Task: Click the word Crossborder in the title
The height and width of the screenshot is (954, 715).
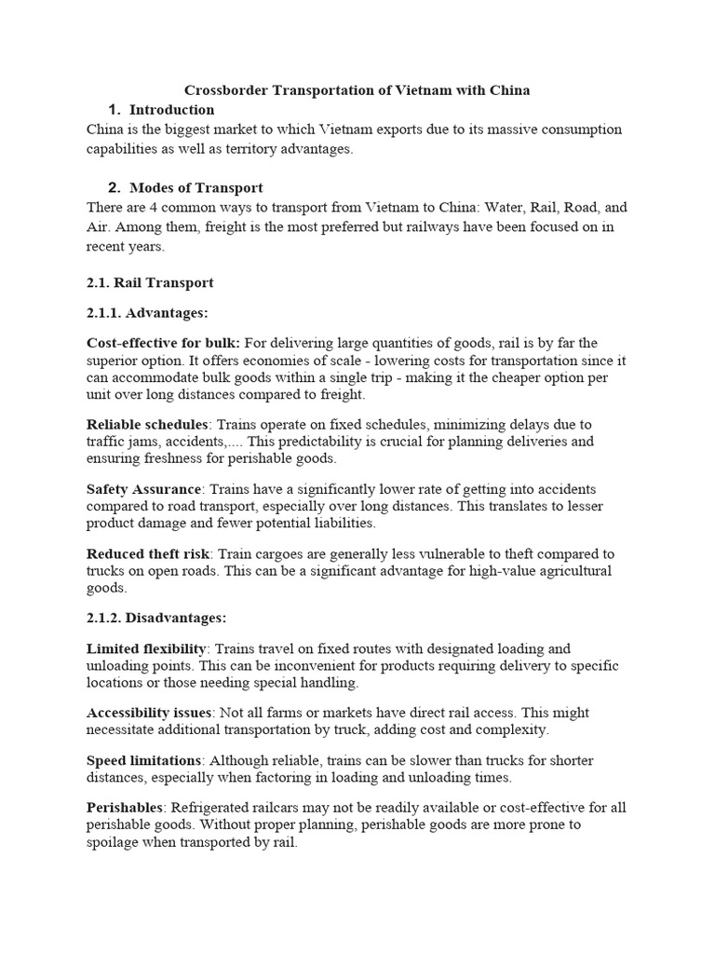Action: [223, 90]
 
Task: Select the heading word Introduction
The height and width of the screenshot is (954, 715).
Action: [171, 110]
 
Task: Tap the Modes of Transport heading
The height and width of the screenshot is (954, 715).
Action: [196, 188]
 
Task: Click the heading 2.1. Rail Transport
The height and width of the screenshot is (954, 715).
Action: [150, 282]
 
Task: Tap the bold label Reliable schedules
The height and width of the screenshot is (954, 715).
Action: [146, 425]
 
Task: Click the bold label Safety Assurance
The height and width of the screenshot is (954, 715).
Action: [143, 489]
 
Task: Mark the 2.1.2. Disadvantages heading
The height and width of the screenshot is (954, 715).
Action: [156, 618]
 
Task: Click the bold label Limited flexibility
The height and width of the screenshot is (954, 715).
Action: [145, 648]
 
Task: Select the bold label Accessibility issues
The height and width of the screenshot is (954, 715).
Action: [149, 713]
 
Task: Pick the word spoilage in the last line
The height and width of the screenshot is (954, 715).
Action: [115, 843]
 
